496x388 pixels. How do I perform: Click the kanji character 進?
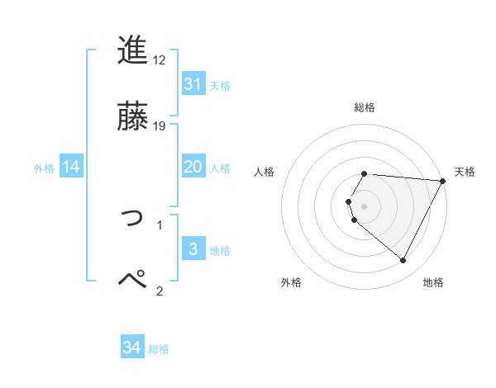click(133, 51)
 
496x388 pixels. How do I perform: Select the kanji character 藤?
click(133, 116)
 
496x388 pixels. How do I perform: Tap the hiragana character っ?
click(133, 216)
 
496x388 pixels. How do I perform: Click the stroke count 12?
click(160, 60)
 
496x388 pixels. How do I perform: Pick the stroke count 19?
click(160, 125)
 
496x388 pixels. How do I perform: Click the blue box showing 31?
click(193, 83)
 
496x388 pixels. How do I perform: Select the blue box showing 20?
click(193, 167)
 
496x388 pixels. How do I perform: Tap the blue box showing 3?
click(193, 249)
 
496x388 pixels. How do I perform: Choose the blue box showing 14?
click(71, 167)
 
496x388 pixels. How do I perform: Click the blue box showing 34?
click(132, 348)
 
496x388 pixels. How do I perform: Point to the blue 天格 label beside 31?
click(220, 85)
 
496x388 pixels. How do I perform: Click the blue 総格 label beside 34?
click(159, 349)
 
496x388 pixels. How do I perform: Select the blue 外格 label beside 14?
click(44, 168)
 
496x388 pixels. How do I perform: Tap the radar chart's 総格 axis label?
click(364, 107)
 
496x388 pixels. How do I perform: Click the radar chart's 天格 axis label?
click(465, 172)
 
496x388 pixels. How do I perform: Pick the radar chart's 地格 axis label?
click(433, 282)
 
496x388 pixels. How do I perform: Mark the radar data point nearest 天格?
click(442, 181)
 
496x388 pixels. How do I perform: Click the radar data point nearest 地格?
click(403, 260)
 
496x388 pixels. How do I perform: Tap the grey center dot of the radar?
click(364, 206)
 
